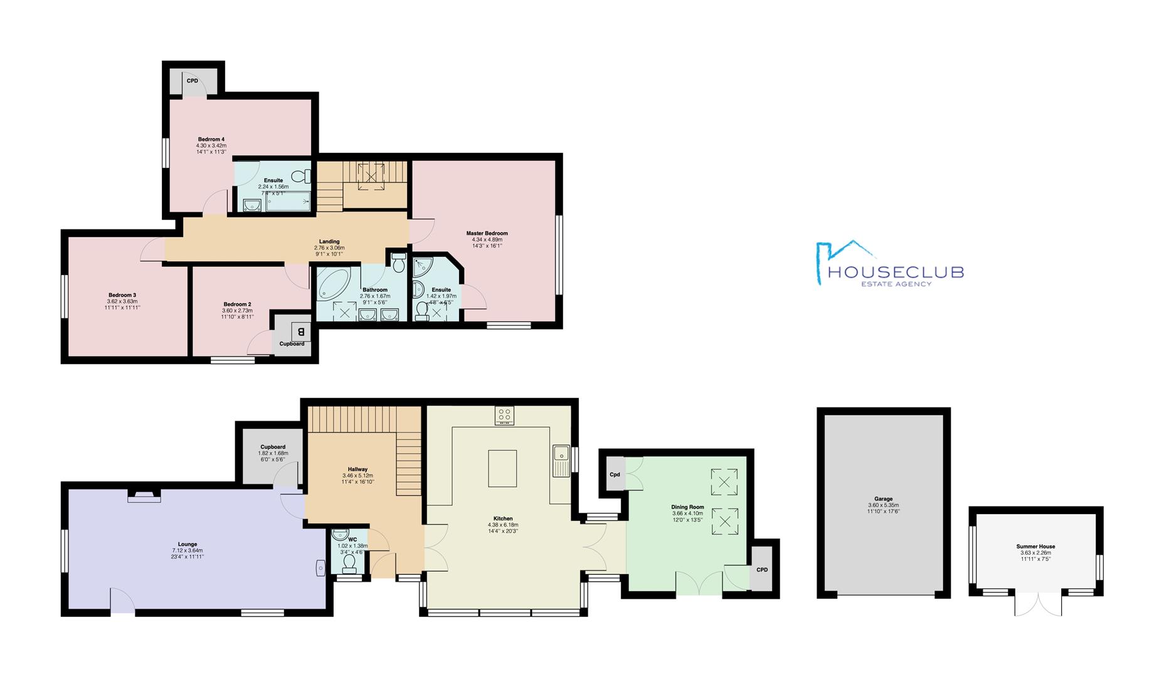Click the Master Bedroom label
[x=487, y=233]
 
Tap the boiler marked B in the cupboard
[x=300, y=331]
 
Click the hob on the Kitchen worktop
[x=504, y=414]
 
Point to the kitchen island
[x=502, y=468]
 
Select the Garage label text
[x=883, y=499]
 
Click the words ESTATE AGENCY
[x=896, y=284]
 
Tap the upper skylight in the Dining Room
[x=724, y=482]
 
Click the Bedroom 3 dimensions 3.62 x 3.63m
[x=122, y=302]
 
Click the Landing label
[x=329, y=241]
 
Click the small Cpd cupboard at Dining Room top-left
[x=615, y=475]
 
